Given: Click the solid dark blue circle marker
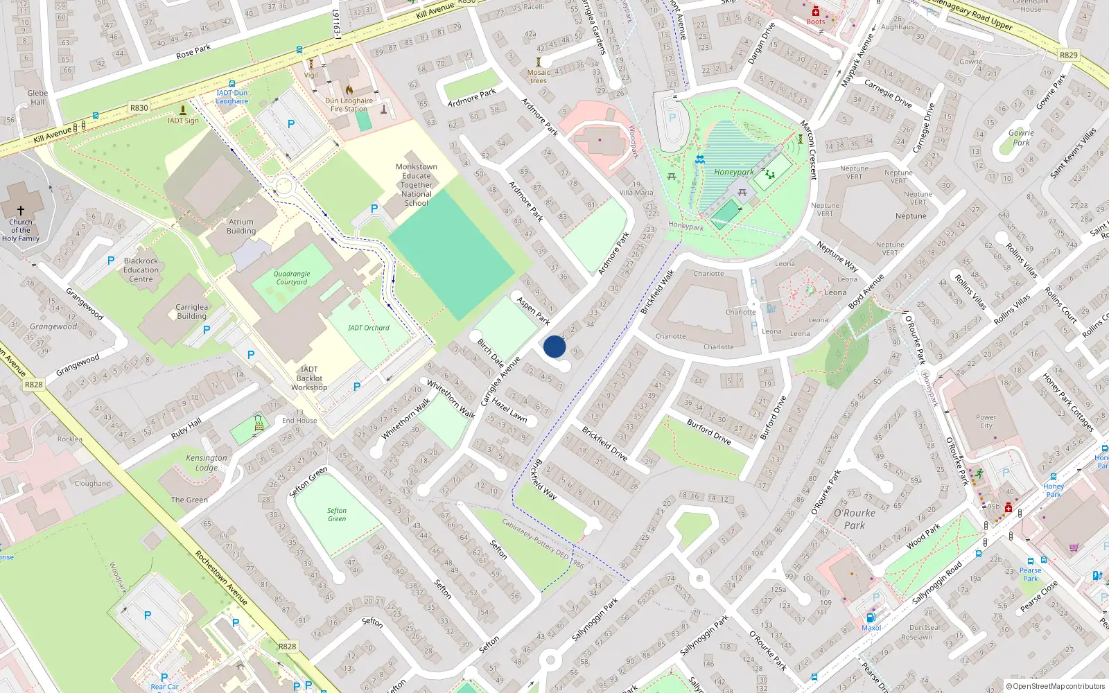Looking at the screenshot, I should pyautogui.click(x=554, y=346).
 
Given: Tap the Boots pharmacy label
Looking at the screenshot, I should pyautogui.click(x=816, y=21).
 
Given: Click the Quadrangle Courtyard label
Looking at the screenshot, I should pyautogui.click(x=292, y=278).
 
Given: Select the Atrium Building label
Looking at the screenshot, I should pyautogui.click(x=241, y=227).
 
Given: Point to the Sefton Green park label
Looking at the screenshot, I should pyautogui.click(x=337, y=514).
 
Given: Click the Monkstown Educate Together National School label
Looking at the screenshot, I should pyautogui.click(x=416, y=185).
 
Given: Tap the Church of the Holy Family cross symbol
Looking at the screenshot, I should pyautogui.click(x=21, y=211).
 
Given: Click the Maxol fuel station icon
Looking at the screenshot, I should pyautogui.click(x=871, y=617).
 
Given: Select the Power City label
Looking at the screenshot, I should pyautogui.click(x=986, y=421).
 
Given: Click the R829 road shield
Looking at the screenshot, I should pyautogui.click(x=1068, y=55).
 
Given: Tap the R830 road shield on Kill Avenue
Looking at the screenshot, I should pyautogui.click(x=139, y=108).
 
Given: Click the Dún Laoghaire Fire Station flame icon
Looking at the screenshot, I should pyautogui.click(x=349, y=90).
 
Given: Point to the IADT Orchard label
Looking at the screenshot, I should pyautogui.click(x=369, y=328).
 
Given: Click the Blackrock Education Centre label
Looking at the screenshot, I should pyautogui.click(x=141, y=270).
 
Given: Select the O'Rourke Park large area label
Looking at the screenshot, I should pyautogui.click(x=854, y=519).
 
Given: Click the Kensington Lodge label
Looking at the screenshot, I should pyautogui.click(x=206, y=462).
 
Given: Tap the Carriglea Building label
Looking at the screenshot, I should pyautogui.click(x=191, y=311).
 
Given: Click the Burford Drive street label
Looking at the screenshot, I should pyautogui.click(x=708, y=431).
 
